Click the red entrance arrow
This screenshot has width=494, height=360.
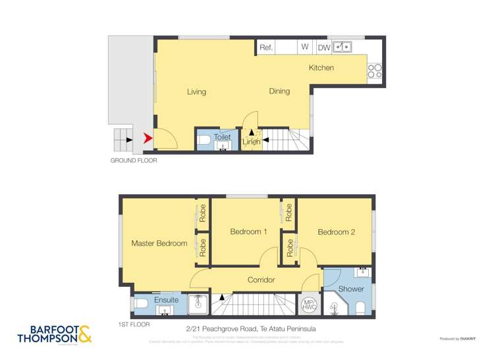[x=148, y=138]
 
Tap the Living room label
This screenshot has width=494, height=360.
[x=196, y=91]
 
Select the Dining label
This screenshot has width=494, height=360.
[x=279, y=91]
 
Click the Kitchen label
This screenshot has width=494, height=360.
[x=321, y=68]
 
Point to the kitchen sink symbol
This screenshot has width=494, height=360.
[x=343, y=47]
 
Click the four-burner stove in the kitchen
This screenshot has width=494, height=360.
[x=375, y=70]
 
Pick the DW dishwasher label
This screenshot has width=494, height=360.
[x=324, y=47]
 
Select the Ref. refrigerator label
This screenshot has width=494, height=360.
[x=266, y=47]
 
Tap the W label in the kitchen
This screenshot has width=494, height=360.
[x=305, y=47]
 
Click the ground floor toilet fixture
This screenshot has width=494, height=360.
[x=204, y=140]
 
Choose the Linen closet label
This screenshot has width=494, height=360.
[x=251, y=141]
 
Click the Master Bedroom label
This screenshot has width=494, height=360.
[x=159, y=243]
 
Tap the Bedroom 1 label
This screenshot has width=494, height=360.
[x=248, y=232]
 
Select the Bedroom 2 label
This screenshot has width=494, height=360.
[x=336, y=232]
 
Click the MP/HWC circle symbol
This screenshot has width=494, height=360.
[x=308, y=305]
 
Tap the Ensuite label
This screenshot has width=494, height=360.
[x=166, y=300]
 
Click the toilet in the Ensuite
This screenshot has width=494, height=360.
[x=141, y=304]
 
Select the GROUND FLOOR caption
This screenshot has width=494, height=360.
[x=134, y=160]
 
